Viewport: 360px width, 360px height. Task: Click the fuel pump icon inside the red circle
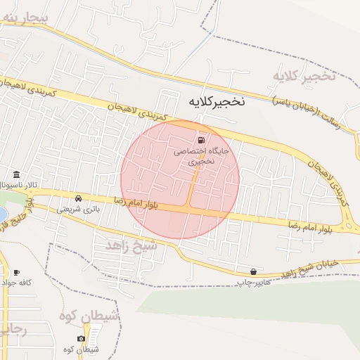click(205, 139)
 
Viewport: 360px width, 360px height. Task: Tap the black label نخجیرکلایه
click(217, 101)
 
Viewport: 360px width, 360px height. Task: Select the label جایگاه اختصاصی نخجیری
click(201, 156)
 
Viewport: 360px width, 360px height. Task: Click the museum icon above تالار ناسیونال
click(16, 174)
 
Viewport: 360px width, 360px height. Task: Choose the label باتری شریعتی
click(79, 209)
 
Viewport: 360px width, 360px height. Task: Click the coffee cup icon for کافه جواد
click(15, 272)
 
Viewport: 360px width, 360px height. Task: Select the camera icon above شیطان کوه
click(82, 339)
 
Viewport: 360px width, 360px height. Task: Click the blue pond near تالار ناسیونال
click(2, 214)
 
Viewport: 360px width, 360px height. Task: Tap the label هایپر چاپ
click(252, 282)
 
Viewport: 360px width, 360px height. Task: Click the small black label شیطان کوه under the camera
click(82, 349)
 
